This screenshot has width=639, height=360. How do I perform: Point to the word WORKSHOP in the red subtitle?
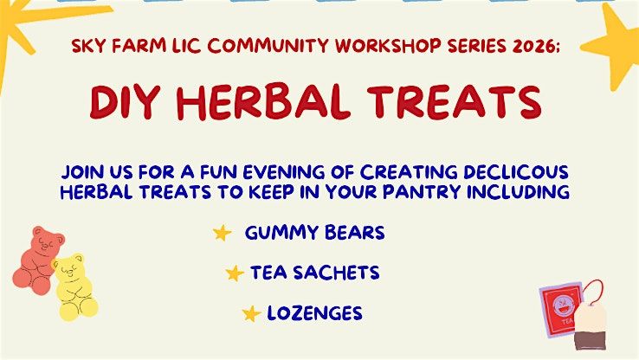[389, 46]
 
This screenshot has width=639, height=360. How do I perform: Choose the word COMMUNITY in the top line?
[268, 46]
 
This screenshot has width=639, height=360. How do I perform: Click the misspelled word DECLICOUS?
[515, 172]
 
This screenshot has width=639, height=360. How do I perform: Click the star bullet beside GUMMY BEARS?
[223, 234]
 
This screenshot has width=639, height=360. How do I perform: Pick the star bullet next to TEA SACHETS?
[235, 273]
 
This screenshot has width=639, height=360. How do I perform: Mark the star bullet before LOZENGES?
[251, 313]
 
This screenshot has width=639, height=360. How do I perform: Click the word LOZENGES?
[314, 313]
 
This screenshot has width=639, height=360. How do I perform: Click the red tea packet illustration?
[559, 307]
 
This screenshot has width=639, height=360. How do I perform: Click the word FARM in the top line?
[139, 46]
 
